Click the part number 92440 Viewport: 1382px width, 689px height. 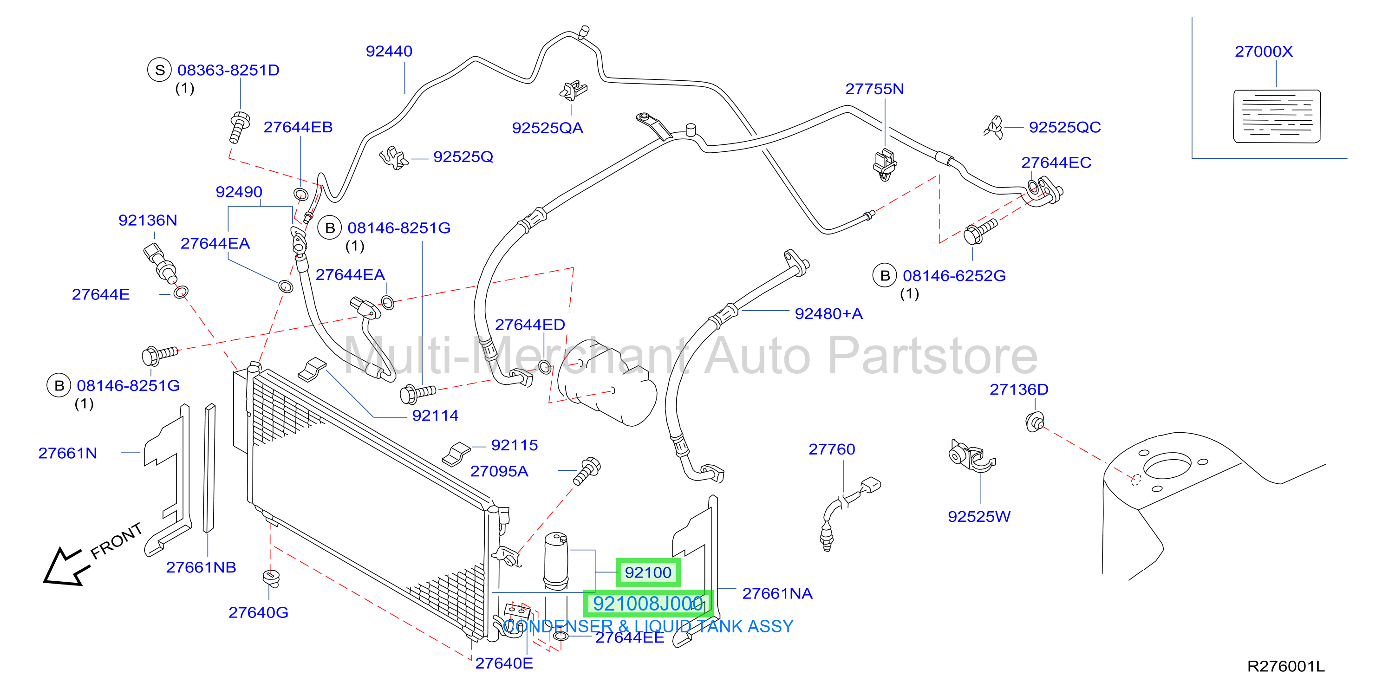pyautogui.click(x=389, y=52)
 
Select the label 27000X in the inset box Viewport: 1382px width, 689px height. pyautogui.click(x=1264, y=52)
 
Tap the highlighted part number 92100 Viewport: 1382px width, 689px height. pyautogui.click(x=648, y=572)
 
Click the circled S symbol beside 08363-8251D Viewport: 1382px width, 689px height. pyautogui.click(x=159, y=70)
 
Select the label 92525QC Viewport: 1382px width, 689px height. pyautogui.click(x=1065, y=128)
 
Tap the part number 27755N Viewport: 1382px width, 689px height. pyautogui.click(x=874, y=89)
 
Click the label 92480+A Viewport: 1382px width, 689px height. pyautogui.click(x=829, y=314)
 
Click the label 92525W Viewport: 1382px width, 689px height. pyautogui.click(x=979, y=516)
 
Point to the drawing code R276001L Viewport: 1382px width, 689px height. pyautogui.click(x=1286, y=666)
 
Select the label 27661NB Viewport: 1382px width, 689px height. pyautogui.click(x=201, y=567)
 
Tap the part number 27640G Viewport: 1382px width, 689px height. pyautogui.click(x=259, y=612)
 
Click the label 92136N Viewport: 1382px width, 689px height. pyautogui.click(x=148, y=221)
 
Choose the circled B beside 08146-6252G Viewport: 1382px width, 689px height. pyautogui.click(x=885, y=276)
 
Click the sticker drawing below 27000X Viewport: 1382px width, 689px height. pyautogui.click(x=1277, y=117)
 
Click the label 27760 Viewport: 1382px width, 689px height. pyautogui.click(x=832, y=449)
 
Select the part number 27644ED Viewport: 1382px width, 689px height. pyautogui.click(x=530, y=325)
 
